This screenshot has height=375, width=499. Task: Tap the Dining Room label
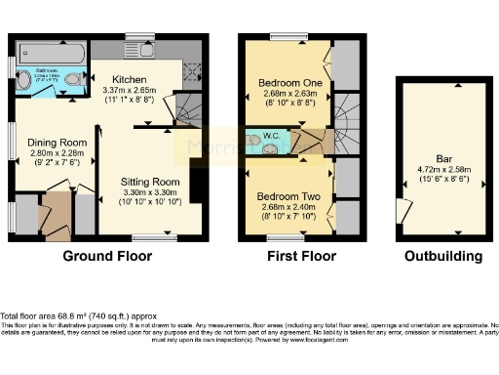click(57, 142)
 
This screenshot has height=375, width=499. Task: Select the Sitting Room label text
click(150, 182)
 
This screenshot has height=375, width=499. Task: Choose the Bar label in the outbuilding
click(443, 157)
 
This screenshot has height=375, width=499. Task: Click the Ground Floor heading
click(107, 257)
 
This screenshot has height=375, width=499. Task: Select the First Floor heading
click(301, 257)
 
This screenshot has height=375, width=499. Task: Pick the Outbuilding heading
click(443, 257)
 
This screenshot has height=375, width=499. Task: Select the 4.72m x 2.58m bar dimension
click(443, 170)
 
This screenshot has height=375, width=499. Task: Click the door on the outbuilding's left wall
click(402, 210)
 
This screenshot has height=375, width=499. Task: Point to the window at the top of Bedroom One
click(288, 37)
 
